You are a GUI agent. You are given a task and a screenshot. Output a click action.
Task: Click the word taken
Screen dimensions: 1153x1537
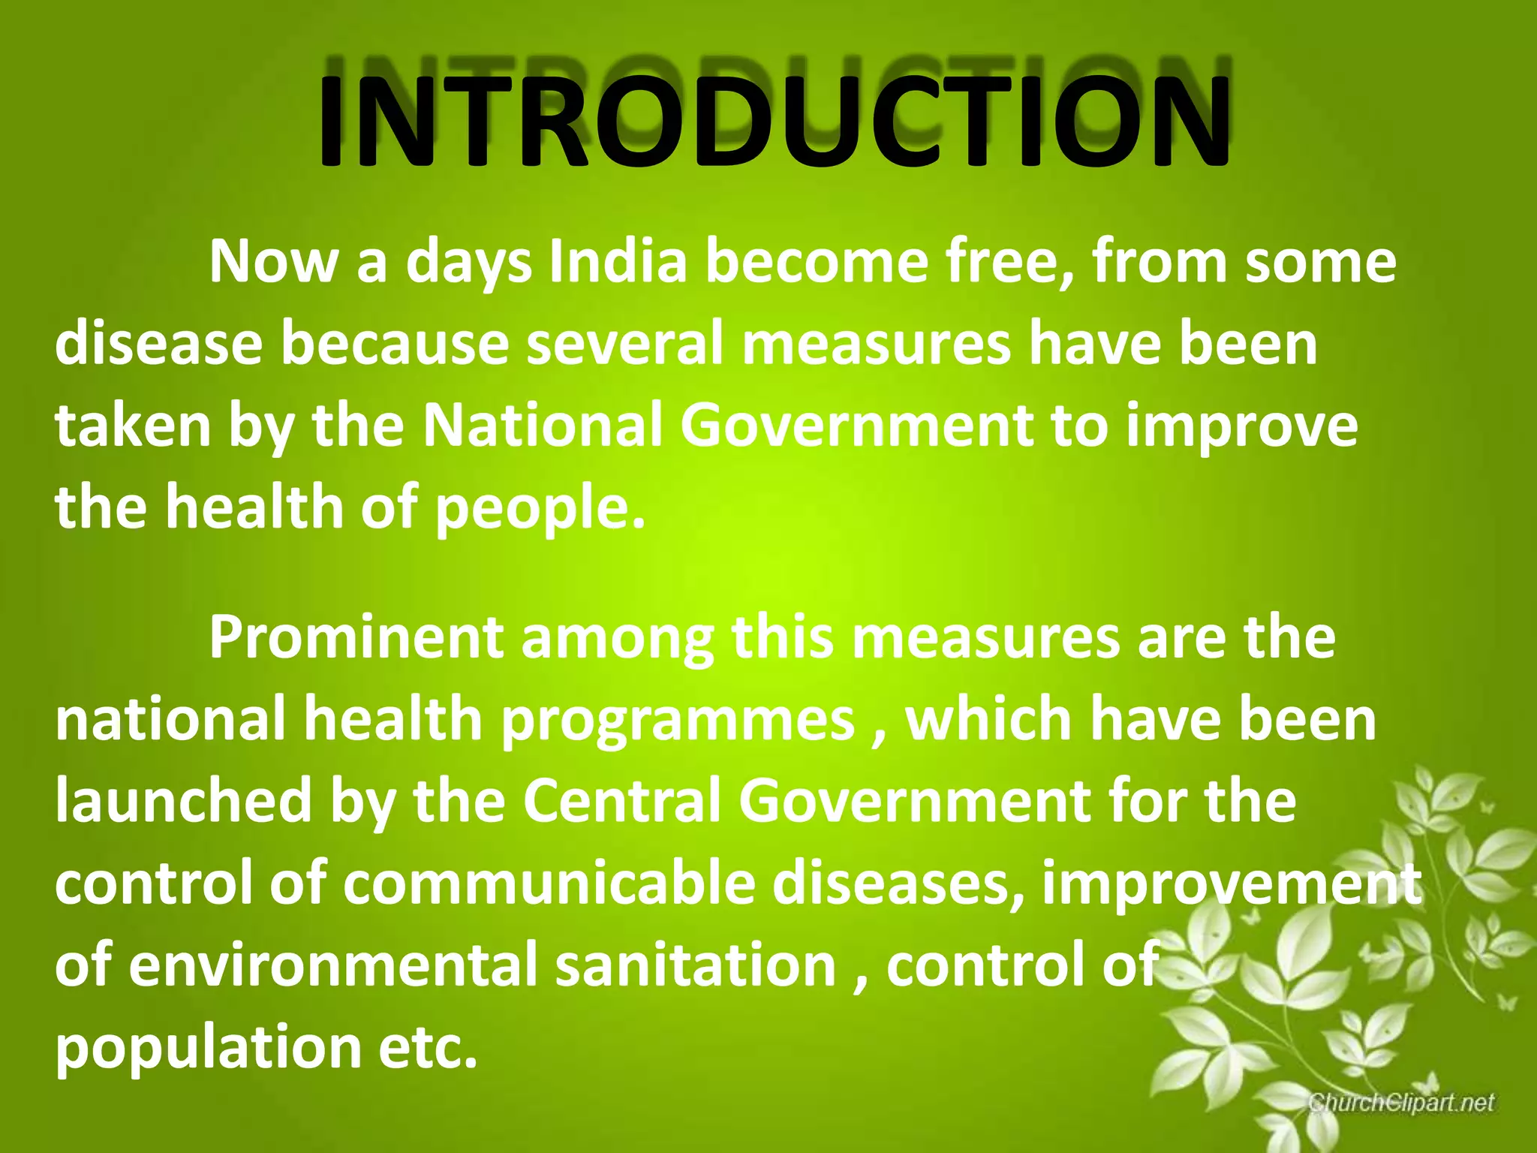click(x=132, y=426)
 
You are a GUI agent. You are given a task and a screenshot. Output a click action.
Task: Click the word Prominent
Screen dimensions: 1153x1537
click(x=356, y=637)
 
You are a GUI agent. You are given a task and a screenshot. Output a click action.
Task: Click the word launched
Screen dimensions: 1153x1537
click(x=183, y=800)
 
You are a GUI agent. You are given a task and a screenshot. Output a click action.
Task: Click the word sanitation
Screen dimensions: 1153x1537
click(x=696, y=965)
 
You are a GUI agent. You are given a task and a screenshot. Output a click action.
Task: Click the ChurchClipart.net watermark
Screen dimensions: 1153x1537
click(x=1402, y=1103)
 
